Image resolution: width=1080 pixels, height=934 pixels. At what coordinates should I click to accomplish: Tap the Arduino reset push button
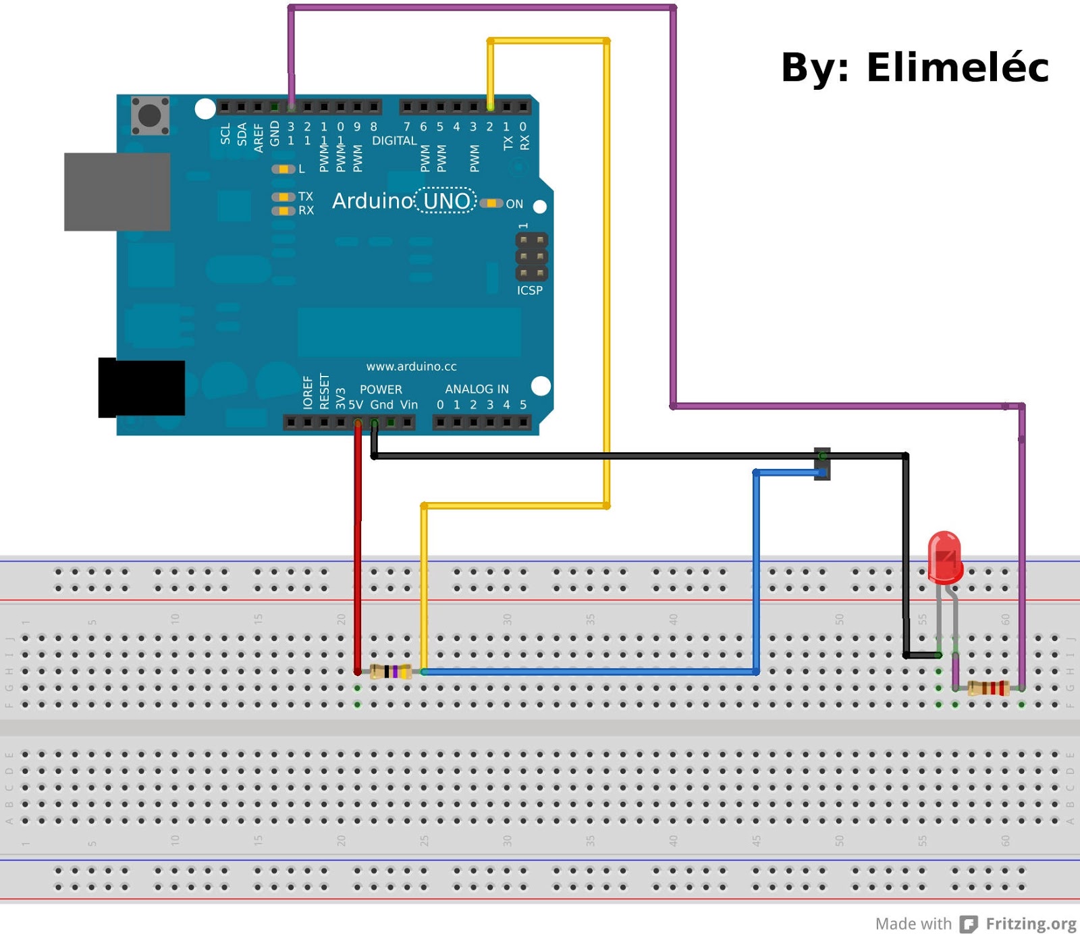coord(150,115)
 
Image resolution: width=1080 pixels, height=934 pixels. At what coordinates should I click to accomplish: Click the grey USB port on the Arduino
coord(117,192)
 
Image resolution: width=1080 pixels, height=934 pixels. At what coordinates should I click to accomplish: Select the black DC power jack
coord(141,388)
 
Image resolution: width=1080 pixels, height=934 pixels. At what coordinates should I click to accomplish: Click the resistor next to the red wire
coord(391,671)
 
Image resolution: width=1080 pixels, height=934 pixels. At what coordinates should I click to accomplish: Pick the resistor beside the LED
coord(988,688)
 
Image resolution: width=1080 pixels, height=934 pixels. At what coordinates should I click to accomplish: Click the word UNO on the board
coord(446,201)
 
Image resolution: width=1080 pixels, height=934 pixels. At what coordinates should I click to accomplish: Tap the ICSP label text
coord(529,290)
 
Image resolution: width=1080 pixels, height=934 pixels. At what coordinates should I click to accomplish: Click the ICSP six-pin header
coord(531,256)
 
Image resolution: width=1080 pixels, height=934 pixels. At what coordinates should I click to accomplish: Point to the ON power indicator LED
coord(491,203)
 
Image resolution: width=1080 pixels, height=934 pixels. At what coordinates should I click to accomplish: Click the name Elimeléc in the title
coord(956,67)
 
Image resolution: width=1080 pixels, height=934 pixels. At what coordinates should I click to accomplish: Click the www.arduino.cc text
coord(411,366)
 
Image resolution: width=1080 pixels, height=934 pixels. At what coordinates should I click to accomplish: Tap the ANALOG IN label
coord(477,389)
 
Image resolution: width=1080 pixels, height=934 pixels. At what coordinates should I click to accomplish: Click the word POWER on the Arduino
coord(381,389)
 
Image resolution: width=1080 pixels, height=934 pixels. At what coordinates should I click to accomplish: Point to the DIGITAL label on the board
coord(394,140)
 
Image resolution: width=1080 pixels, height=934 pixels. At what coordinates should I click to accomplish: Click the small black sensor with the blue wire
coord(822,464)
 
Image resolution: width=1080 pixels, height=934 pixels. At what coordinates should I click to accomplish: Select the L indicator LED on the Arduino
coord(283,169)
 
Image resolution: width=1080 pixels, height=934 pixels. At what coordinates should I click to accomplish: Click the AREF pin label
coord(259,137)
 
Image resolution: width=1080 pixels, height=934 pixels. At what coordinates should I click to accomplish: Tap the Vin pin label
coord(408,405)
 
